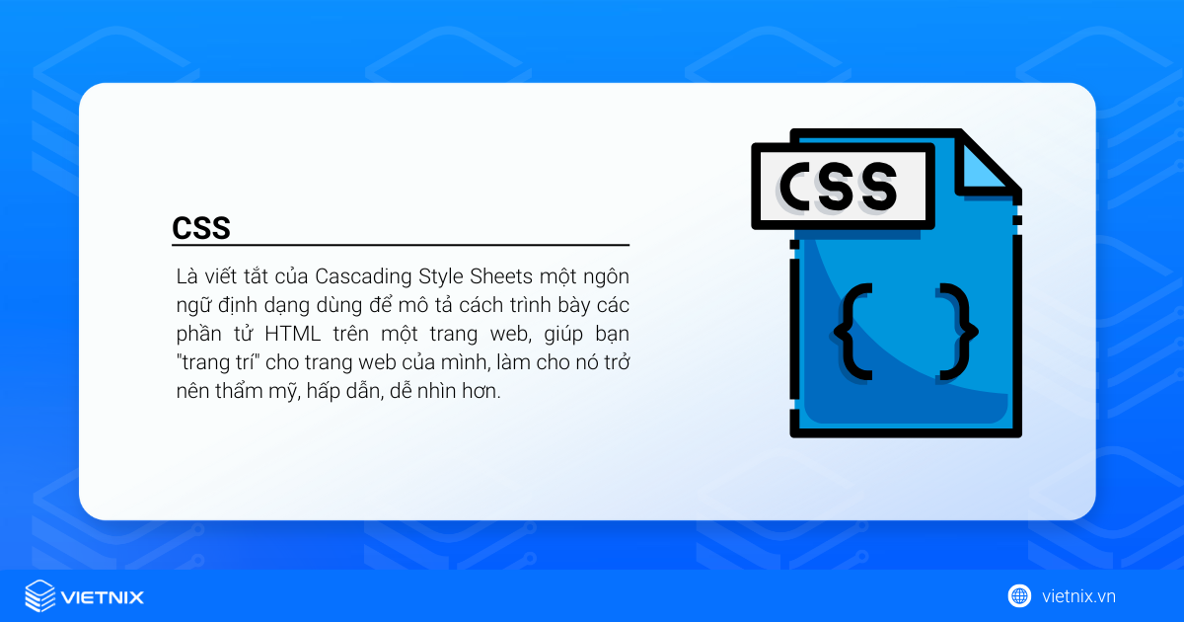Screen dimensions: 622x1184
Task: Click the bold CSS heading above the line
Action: pos(201,228)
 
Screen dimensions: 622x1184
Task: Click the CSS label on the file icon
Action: pos(840,186)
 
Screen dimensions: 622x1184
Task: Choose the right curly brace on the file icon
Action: pos(958,331)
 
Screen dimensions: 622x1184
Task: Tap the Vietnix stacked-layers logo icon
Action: pos(39,596)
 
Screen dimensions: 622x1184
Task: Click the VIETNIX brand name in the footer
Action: pos(103,597)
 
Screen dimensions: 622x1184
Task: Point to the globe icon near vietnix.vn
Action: pos(1019,595)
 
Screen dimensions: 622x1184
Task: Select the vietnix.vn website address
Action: pos(1078,596)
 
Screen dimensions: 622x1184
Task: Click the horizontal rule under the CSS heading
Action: pos(401,245)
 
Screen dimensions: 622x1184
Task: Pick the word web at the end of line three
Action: pos(503,333)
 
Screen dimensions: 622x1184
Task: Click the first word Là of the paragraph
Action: pos(185,274)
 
